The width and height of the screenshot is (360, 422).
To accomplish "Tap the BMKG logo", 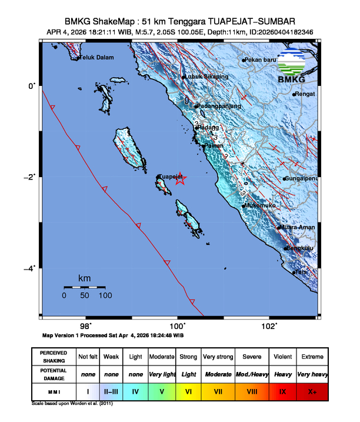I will [292, 67].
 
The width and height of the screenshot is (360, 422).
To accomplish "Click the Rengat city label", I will [306, 94].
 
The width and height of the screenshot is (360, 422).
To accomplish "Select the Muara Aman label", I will [297, 227].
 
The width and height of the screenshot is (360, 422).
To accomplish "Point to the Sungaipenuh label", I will [301, 178].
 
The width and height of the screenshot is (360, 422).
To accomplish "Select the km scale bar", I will [85, 287].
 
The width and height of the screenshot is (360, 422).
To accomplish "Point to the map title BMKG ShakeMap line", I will [180, 21].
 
